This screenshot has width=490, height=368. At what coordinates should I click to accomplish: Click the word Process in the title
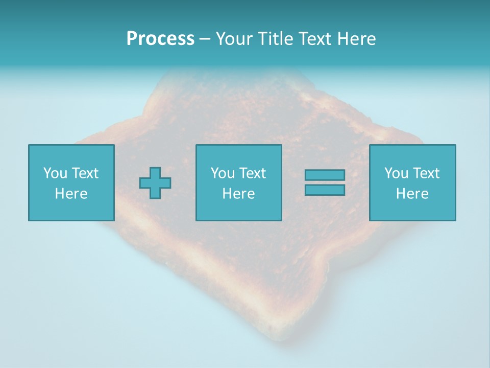point(160,39)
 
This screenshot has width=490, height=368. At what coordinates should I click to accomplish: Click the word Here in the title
point(357,39)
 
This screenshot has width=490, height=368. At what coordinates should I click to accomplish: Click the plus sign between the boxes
point(155,183)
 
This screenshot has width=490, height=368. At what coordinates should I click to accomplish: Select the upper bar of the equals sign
point(325,175)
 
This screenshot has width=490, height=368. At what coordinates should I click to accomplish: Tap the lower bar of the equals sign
point(325,190)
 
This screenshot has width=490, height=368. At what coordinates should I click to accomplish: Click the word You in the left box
point(55,173)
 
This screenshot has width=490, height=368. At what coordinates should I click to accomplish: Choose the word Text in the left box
point(85,173)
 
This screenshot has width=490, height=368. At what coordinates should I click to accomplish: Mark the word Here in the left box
point(71,194)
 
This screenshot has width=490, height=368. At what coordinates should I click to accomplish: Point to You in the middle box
point(223,173)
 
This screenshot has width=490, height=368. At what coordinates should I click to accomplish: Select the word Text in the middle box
point(252,173)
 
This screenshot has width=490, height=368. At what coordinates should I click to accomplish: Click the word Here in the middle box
point(238,194)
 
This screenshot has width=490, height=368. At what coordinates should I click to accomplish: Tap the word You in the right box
point(396,173)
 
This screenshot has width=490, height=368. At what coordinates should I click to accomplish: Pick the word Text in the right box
point(426,173)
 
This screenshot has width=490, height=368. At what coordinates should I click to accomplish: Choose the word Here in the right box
point(412,194)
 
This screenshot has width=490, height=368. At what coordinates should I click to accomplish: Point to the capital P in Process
point(132,39)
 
